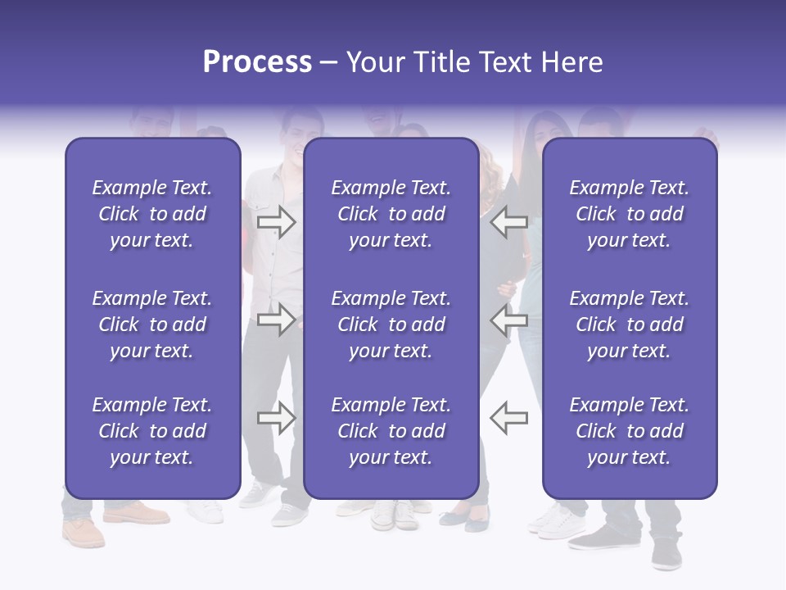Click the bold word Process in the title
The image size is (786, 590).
[257, 62]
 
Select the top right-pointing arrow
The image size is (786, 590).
[276, 221]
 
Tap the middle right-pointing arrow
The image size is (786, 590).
[276, 320]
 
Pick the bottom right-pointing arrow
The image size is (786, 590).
[276, 418]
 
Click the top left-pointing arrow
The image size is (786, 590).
[508, 221]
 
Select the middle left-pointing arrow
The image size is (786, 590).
[508, 320]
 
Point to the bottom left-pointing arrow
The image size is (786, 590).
[508, 418]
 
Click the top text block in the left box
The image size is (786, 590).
[152, 214]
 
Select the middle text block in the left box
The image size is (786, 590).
[152, 324]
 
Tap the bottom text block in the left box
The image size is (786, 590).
[152, 431]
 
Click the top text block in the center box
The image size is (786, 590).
[391, 214]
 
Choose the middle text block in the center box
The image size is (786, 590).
[391, 324]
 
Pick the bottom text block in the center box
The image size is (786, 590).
[391, 431]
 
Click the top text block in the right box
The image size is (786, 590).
[630, 214]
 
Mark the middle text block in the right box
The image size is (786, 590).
[630, 324]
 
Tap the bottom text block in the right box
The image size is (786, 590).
[630, 431]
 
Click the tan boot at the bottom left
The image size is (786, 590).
[84, 532]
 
